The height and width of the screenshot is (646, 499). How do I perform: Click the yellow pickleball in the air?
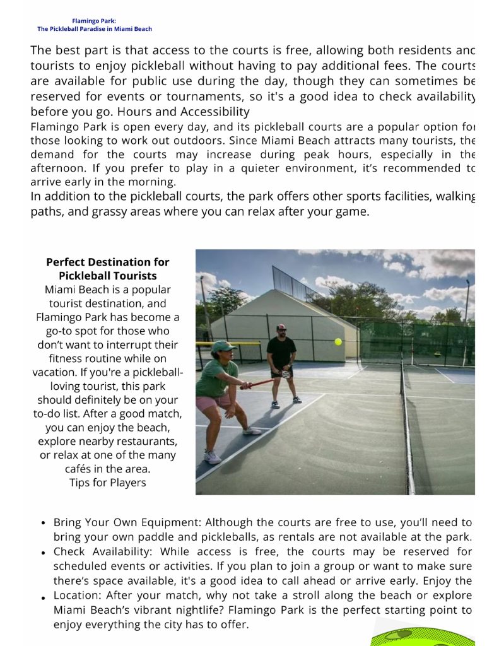(x=338, y=341)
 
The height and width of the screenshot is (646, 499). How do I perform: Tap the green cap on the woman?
(x=223, y=346)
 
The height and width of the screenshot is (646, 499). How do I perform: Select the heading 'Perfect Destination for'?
(x=107, y=262)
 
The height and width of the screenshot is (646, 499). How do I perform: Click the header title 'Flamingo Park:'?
(x=94, y=21)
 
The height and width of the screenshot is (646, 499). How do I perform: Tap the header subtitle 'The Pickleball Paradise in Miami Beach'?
(x=94, y=29)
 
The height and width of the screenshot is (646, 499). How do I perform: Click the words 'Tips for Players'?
(x=107, y=483)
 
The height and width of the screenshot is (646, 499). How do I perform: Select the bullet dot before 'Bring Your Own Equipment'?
(x=42, y=524)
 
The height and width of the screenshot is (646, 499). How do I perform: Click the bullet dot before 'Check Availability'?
(x=42, y=553)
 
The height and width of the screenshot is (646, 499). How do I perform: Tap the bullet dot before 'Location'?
(x=42, y=597)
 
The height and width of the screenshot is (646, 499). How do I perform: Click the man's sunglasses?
(x=281, y=329)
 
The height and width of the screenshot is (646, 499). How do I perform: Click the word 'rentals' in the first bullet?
(x=344, y=537)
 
